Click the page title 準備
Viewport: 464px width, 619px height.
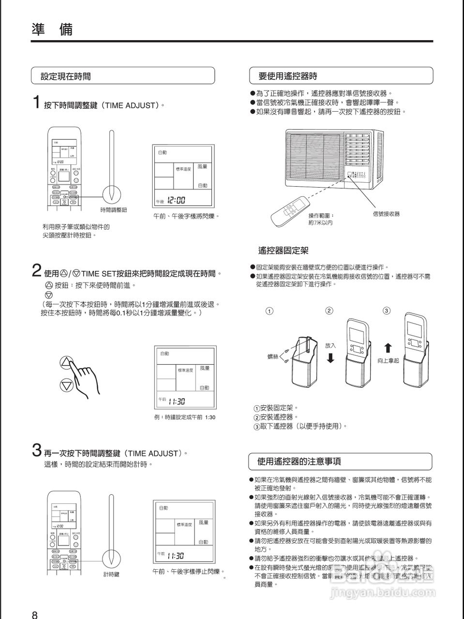(52, 29)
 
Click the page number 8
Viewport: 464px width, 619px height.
(34, 615)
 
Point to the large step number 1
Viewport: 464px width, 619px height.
(36, 103)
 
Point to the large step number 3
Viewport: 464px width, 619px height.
(36, 451)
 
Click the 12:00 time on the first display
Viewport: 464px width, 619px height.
(176, 201)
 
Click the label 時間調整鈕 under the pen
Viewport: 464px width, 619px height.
(113, 210)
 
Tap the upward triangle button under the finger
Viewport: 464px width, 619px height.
(66, 363)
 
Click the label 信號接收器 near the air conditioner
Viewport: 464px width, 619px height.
(386, 214)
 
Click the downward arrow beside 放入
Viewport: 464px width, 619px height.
(330, 358)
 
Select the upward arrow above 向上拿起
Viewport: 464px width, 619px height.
(388, 348)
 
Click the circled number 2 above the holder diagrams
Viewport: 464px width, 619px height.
(329, 310)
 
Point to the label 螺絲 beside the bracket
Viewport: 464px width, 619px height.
(273, 356)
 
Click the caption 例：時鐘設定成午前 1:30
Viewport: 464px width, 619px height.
(184, 417)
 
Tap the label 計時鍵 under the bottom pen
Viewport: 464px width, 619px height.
(111, 574)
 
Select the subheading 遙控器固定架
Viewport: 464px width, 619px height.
(283, 251)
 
